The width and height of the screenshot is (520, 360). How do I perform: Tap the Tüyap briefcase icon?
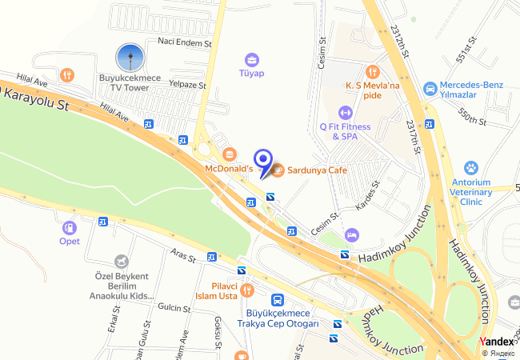tap(252, 59)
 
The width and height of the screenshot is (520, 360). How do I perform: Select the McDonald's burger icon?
tap(230, 154)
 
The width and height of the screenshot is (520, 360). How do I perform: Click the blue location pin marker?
tap(262, 159)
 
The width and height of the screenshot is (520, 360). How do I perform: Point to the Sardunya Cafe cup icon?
tap(278, 170)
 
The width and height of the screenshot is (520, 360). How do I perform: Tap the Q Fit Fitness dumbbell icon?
tap(346, 112)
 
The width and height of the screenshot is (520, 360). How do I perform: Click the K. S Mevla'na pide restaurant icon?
tap(371, 72)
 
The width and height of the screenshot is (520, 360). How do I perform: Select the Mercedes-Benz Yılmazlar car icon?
tap(430, 87)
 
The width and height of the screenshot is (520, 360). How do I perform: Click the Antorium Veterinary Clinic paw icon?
tap(471, 168)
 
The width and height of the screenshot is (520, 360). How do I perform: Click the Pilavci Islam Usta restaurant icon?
tap(246, 290)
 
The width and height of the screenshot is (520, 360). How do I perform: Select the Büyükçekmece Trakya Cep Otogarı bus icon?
tap(278, 300)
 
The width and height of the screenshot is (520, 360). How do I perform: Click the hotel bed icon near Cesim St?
tap(350, 234)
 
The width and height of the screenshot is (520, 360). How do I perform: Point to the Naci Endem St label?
tap(184, 42)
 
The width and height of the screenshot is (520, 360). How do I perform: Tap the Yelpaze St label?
tap(187, 84)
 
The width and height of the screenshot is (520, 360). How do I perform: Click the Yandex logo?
tap(496, 342)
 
